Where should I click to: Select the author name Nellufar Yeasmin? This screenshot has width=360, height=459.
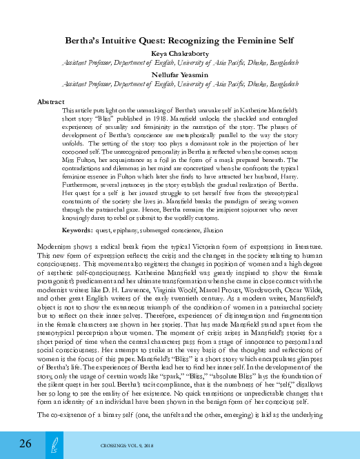tap(180, 74)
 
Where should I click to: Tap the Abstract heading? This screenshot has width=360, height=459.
tap(50, 101)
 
